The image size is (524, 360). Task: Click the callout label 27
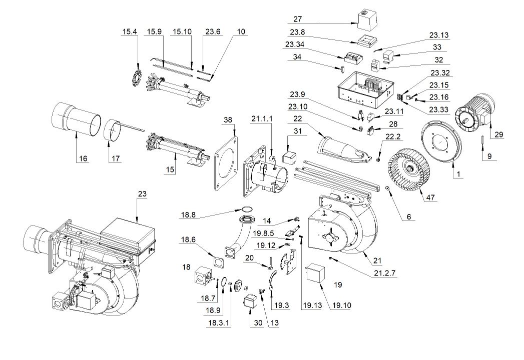click(298, 19)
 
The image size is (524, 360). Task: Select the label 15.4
click(130, 32)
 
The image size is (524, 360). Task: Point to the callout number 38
click(228, 120)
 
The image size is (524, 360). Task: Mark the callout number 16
click(83, 159)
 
